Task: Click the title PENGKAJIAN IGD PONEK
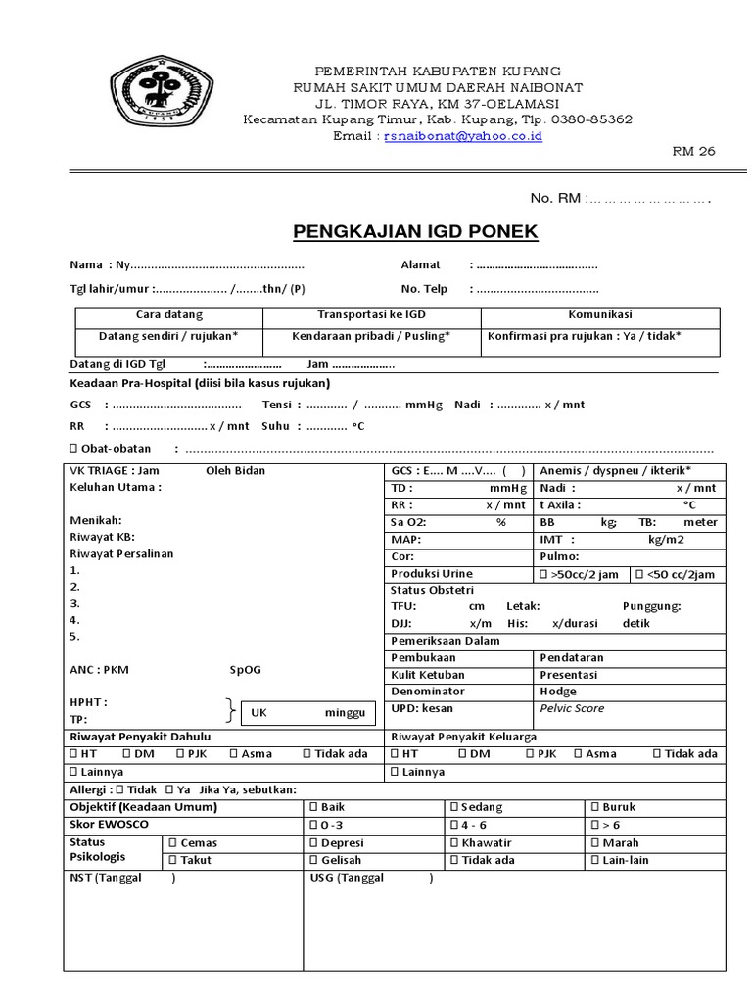(415, 232)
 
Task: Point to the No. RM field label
(555, 199)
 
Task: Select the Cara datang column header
(168, 314)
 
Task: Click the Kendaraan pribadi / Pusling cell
(370, 335)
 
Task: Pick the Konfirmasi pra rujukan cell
(584, 335)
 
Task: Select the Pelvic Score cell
(573, 708)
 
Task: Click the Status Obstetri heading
(432, 590)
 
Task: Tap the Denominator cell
(427, 692)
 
